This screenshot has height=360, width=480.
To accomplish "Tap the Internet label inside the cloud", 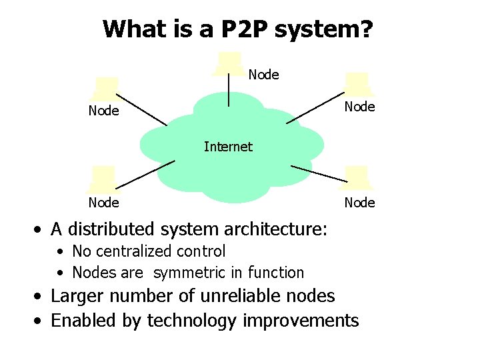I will [228, 147].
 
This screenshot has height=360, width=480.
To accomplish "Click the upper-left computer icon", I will [106, 89].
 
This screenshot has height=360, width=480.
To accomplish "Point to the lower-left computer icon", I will [104, 178].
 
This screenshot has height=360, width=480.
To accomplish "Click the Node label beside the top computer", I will [264, 75].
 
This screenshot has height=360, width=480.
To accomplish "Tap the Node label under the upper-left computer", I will [104, 111].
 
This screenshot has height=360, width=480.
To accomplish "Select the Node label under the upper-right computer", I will [359, 107].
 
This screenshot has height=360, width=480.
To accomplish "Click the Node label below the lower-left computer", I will [104, 202].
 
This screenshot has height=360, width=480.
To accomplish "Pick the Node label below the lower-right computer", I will [359, 202].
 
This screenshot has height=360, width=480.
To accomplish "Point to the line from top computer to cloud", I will [229, 90].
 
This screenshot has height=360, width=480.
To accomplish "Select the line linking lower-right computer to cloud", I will [319, 173].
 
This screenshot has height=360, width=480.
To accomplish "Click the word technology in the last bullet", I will [192, 321].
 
